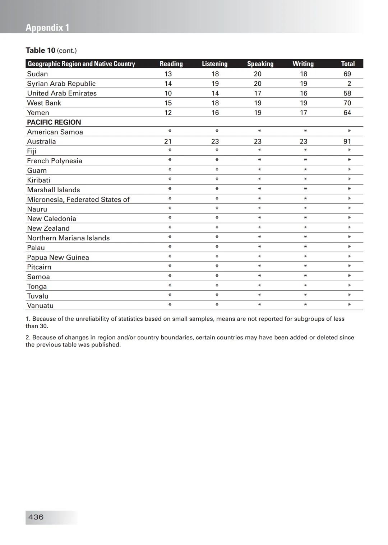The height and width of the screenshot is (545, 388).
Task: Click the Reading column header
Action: (x=171, y=64)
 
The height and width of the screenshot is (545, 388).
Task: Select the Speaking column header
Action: (x=260, y=64)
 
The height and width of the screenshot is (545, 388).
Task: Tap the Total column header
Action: (x=348, y=64)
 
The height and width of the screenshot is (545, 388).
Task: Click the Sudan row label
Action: (x=37, y=74)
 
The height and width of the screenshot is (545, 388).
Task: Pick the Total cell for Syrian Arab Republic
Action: (x=349, y=84)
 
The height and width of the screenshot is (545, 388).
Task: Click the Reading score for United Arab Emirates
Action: (x=168, y=93)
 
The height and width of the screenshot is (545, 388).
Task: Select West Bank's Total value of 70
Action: (x=347, y=103)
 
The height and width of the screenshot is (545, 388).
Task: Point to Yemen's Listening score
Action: (x=215, y=113)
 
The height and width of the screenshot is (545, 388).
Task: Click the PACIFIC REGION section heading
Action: (x=54, y=122)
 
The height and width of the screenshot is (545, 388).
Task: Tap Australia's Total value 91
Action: (x=347, y=141)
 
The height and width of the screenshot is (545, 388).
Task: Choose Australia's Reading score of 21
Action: (x=168, y=141)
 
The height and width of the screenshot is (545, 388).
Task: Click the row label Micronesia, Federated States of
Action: (x=78, y=199)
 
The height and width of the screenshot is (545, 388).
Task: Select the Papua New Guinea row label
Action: (x=58, y=257)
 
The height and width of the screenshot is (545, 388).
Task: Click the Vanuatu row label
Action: (x=40, y=306)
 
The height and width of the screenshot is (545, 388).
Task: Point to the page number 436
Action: (x=36, y=517)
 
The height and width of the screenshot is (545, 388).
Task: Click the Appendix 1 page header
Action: (x=47, y=28)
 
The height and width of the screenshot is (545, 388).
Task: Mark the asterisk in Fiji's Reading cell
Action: (x=170, y=151)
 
